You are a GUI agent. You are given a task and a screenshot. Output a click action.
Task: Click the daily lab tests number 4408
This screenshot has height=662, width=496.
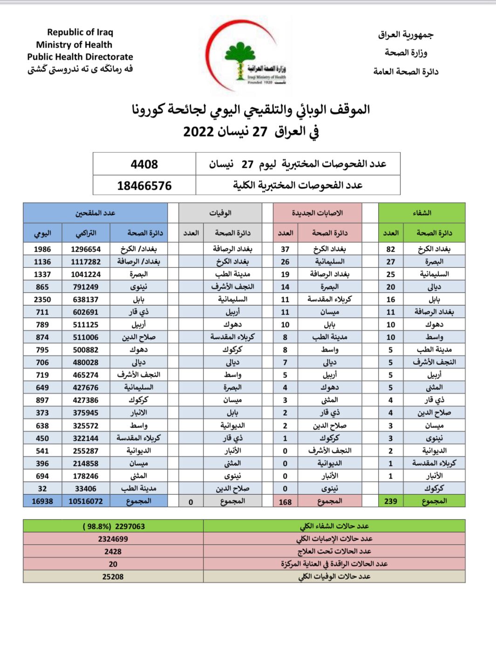[144, 164]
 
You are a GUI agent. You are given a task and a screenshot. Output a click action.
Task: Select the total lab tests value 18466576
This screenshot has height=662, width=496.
[144, 186]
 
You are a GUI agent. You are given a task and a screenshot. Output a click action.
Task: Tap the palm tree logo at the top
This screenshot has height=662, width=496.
[239, 58]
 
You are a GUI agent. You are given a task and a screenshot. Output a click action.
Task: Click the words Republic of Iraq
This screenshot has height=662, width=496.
[80, 32]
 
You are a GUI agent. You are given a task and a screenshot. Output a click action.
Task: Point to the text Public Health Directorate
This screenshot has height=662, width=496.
[80, 57]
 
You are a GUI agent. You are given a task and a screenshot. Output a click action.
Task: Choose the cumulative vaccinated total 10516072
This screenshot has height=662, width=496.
[85, 501]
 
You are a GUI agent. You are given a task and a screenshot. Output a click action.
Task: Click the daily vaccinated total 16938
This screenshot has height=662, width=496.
[42, 501]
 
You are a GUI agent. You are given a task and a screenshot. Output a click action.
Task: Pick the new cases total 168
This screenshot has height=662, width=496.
[285, 502]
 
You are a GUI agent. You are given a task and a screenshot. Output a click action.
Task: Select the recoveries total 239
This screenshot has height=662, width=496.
[390, 501]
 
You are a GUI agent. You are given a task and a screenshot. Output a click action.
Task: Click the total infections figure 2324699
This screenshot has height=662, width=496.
[113, 539]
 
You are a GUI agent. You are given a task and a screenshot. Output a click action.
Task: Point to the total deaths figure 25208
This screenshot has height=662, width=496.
[113, 577]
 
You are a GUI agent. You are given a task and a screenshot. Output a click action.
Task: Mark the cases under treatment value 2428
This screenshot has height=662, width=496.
[113, 552]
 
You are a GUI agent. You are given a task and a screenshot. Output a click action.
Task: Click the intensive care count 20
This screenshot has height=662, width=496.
[113, 564]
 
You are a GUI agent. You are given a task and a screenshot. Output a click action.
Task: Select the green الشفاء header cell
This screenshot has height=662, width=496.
[421, 213]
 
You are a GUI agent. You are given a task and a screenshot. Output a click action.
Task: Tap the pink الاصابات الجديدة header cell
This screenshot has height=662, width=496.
[317, 213]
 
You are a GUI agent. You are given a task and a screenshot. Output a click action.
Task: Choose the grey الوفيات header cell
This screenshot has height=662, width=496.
[220, 213]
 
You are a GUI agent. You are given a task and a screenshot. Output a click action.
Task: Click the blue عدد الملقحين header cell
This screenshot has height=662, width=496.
[95, 213]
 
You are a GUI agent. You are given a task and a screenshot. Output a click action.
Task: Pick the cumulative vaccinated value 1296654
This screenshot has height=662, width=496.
[85, 249]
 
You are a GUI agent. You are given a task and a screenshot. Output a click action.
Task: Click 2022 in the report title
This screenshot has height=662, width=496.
[198, 132]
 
